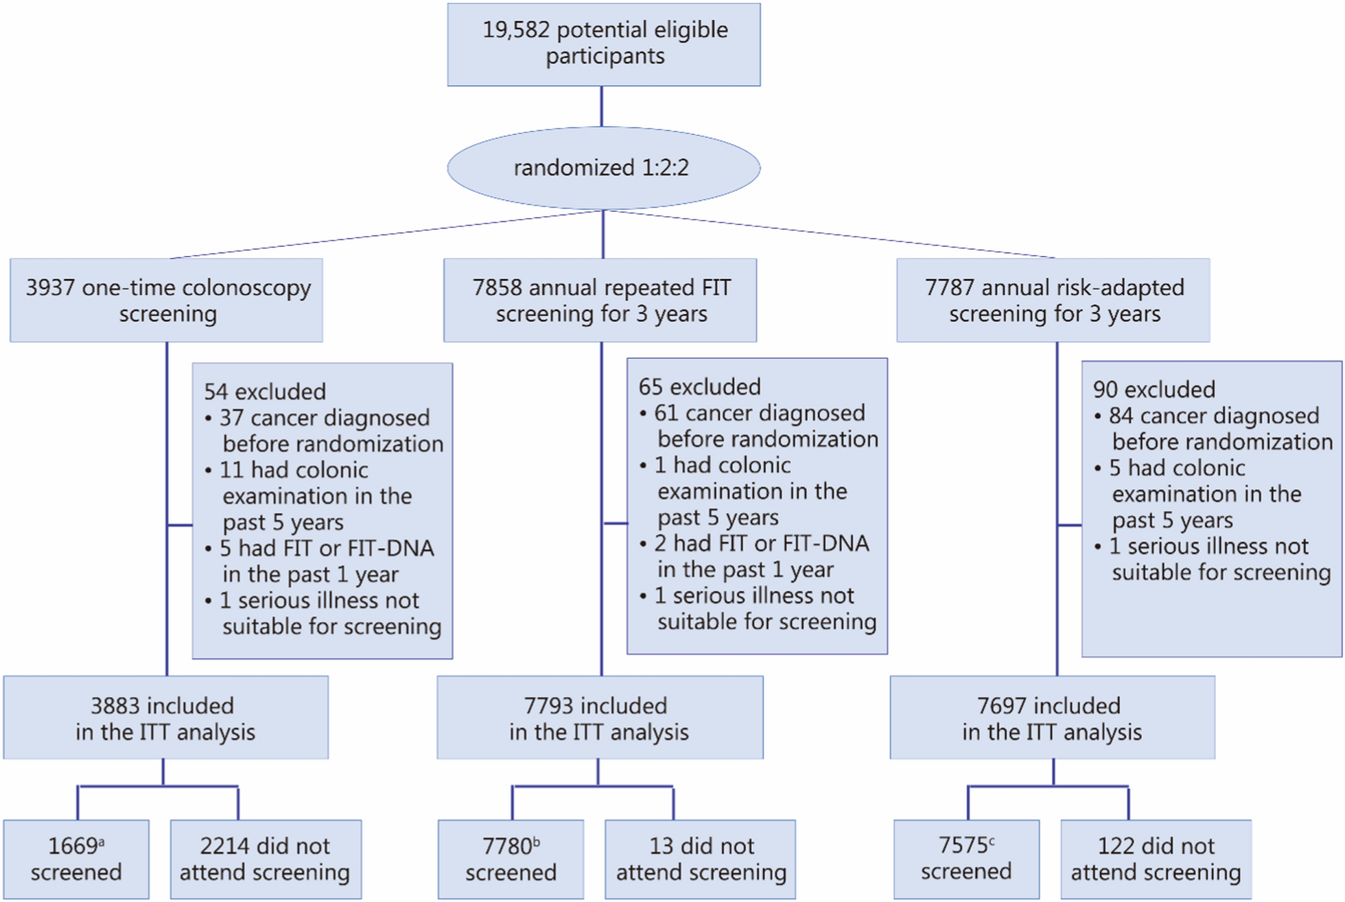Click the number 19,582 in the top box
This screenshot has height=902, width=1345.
click(516, 30)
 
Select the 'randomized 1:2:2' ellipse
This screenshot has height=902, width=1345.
click(603, 168)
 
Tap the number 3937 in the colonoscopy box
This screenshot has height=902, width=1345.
click(50, 287)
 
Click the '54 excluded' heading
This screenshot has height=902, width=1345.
click(264, 392)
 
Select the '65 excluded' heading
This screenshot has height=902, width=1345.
click(699, 387)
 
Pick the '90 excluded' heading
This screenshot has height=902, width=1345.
click(1154, 390)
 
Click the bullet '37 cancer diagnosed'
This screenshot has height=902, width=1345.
click(324, 418)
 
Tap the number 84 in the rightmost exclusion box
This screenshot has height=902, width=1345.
click(1121, 416)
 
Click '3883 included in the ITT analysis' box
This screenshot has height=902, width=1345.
click(165, 717)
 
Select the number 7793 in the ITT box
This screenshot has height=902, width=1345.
click(548, 706)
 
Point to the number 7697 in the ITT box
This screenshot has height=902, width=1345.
click(1001, 706)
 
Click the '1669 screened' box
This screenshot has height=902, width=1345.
click(75, 859)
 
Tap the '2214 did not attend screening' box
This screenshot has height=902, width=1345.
click(265, 859)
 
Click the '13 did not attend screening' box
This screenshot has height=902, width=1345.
click(700, 859)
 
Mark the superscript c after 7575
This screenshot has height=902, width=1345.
click(992, 840)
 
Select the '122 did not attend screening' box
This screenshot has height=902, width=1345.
click(1156, 859)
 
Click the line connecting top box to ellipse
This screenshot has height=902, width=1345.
click(602, 106)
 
